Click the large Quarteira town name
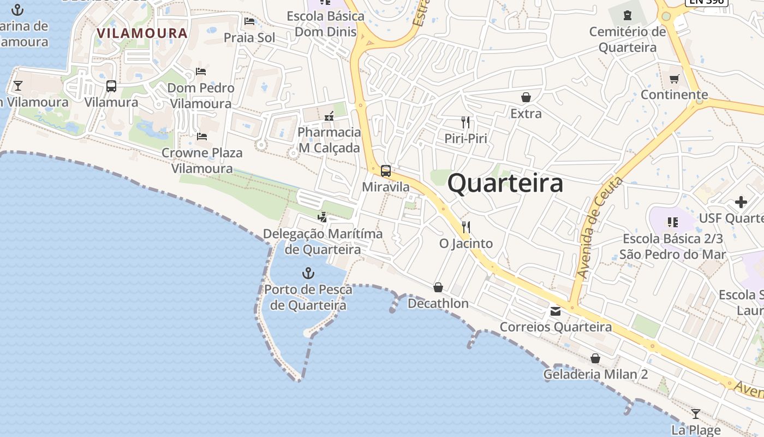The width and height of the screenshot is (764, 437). tap(505, 184)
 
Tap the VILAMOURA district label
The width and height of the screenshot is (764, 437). tap(142, 33)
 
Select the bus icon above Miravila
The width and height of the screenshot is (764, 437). tap(386, 171)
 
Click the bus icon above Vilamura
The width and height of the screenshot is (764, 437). tap(111, 86)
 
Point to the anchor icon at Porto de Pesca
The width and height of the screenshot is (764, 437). tap(308, 273)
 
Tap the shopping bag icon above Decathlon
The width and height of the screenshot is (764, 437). tap(438, 287)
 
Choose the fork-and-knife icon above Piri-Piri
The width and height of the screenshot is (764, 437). tap(465, 122)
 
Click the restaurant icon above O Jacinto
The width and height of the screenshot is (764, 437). tap(466, 227)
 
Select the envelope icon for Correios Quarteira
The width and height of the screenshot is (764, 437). tap(556, 311)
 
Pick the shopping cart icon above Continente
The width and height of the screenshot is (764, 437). tap(675, 79)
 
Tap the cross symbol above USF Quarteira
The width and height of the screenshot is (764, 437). tap(741, 203)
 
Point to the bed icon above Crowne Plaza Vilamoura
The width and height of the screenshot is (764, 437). tap(202, 137)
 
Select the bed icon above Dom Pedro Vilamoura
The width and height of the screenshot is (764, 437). tap(201, 72)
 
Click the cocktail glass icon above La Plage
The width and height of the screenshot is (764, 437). tap(695, 414)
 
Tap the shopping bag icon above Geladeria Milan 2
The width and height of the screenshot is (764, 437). tap(595, 359)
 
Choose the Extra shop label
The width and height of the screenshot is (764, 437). tap(526, 114)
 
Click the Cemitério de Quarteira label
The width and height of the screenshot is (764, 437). tap(628, 39)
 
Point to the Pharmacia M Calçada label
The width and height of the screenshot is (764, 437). tap(329, 140)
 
